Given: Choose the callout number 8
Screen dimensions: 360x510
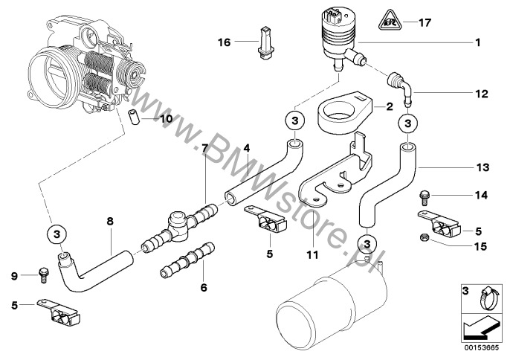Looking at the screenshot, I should [110, 221].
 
